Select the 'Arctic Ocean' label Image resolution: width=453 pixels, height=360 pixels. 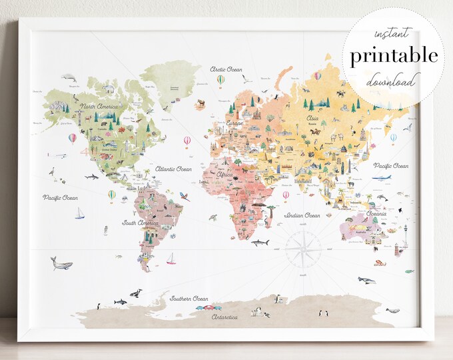[226, 69]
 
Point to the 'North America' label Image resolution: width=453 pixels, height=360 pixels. [99, 107]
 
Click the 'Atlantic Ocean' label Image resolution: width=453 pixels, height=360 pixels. [173, 169]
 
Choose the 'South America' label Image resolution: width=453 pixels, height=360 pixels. [139, 223]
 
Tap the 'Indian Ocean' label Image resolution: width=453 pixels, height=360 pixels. [302, 216]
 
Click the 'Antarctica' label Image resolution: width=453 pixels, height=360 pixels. [224, 317]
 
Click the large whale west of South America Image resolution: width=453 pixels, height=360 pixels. [62, 264]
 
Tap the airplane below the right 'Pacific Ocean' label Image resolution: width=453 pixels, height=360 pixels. [384, 178]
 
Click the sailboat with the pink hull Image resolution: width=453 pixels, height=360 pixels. [171, 259]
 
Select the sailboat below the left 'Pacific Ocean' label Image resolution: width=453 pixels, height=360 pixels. [80, 214]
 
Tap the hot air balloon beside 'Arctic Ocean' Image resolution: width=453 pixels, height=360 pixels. [221, 81]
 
